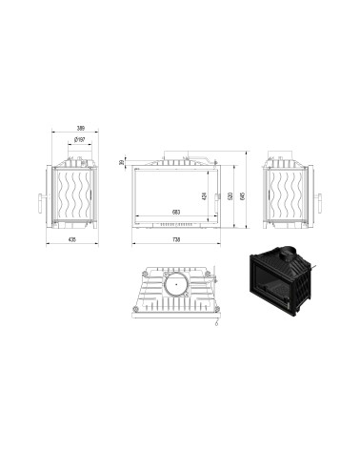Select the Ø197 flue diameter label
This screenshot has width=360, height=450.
click(80, 140)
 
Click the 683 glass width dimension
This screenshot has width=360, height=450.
click(175, 211)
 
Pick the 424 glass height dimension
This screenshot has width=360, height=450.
click(204, 195)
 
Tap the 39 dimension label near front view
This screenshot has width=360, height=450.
click(121, 162)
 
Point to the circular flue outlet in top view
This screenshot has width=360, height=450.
click(176, 283)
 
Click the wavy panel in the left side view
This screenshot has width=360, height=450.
click(78, 195)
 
